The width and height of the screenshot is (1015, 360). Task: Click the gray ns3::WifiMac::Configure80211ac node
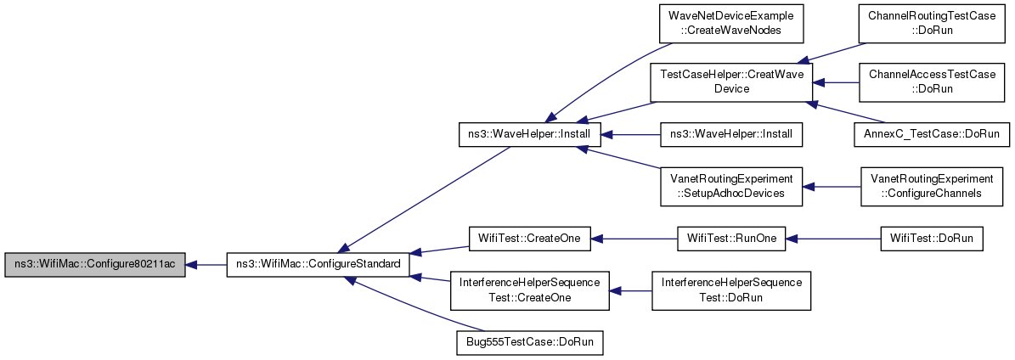95,265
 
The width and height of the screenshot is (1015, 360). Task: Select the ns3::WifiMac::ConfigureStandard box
318,265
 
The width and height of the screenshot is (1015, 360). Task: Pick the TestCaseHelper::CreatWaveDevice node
730,83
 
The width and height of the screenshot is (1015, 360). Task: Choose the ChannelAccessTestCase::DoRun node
933,83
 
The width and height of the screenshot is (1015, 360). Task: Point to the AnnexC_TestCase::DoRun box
933,135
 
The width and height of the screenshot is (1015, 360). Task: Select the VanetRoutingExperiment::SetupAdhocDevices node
730,187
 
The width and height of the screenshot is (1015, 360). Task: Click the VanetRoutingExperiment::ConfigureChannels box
933,187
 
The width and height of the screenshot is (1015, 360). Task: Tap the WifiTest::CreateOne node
529,239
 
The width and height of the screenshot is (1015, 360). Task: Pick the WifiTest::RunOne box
730,239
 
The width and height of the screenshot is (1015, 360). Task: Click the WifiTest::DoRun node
933,239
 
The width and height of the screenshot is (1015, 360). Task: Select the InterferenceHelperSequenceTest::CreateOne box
529,290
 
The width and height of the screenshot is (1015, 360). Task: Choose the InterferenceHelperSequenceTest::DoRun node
730,290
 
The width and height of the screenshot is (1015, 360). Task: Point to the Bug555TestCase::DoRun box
529,342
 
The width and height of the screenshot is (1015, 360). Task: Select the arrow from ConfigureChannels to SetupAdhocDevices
832,187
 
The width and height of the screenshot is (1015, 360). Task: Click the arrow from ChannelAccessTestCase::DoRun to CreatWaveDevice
836,83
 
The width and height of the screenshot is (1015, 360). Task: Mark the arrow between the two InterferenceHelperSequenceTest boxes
630,290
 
